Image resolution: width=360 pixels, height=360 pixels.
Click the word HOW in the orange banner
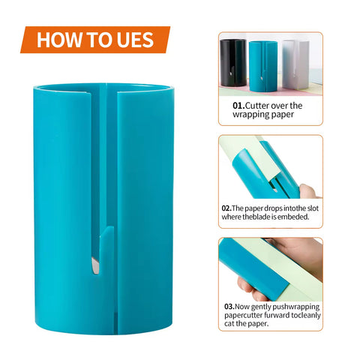[x=59, y=40]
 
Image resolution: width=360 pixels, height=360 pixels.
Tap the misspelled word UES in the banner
[x=135, y=40]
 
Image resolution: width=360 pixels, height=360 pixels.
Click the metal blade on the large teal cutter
[x=95, y=265]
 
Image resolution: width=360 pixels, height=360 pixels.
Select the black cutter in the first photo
[x=233, y=63]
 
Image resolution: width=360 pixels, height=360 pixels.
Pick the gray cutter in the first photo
[x=295, y=64]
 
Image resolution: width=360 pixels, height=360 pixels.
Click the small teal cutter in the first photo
[x=263, y=67]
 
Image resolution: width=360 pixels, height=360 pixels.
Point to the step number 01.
[x=238, y=106]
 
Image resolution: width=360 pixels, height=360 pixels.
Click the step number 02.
[x=226, y=208]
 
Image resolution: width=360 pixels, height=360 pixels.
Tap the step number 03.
[x=229, y=307]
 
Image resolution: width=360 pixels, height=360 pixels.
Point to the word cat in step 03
[x=229, y=323]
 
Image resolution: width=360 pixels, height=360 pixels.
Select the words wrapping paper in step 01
[x=263, y=115]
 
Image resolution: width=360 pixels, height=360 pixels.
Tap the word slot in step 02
[x=313, y=208]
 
